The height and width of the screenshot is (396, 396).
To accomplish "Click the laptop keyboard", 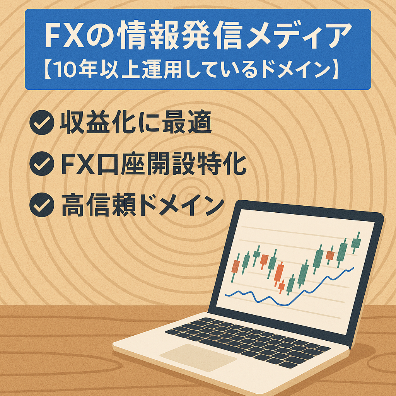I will pyautogui.click(x=247, y=340).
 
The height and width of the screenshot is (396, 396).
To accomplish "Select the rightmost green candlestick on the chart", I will pyautogui.click(x=356, y=243).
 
